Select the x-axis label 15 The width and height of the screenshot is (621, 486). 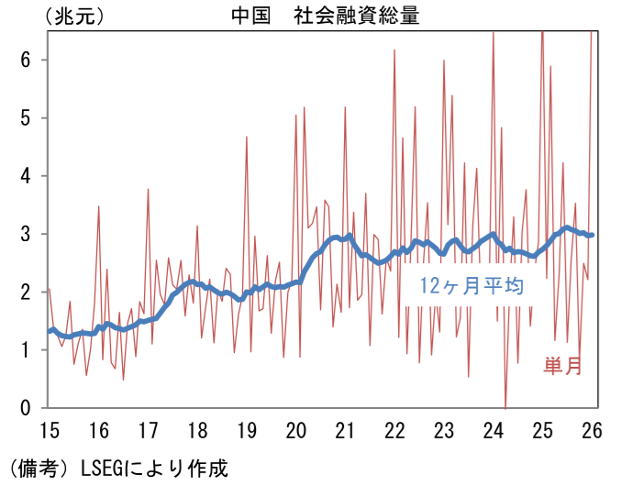point(49,430)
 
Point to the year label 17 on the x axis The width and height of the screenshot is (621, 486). point(148,430)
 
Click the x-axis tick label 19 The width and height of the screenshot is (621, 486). point(246,430)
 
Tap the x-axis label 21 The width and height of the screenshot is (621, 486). point(345,430)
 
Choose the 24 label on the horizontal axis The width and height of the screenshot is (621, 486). point(493,430)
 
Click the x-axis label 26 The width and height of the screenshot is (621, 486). point(592,430)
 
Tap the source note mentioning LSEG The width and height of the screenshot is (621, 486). point(115,468)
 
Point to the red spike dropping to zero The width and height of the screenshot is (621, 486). point(505,404)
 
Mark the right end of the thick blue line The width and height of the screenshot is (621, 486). point(592,235)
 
